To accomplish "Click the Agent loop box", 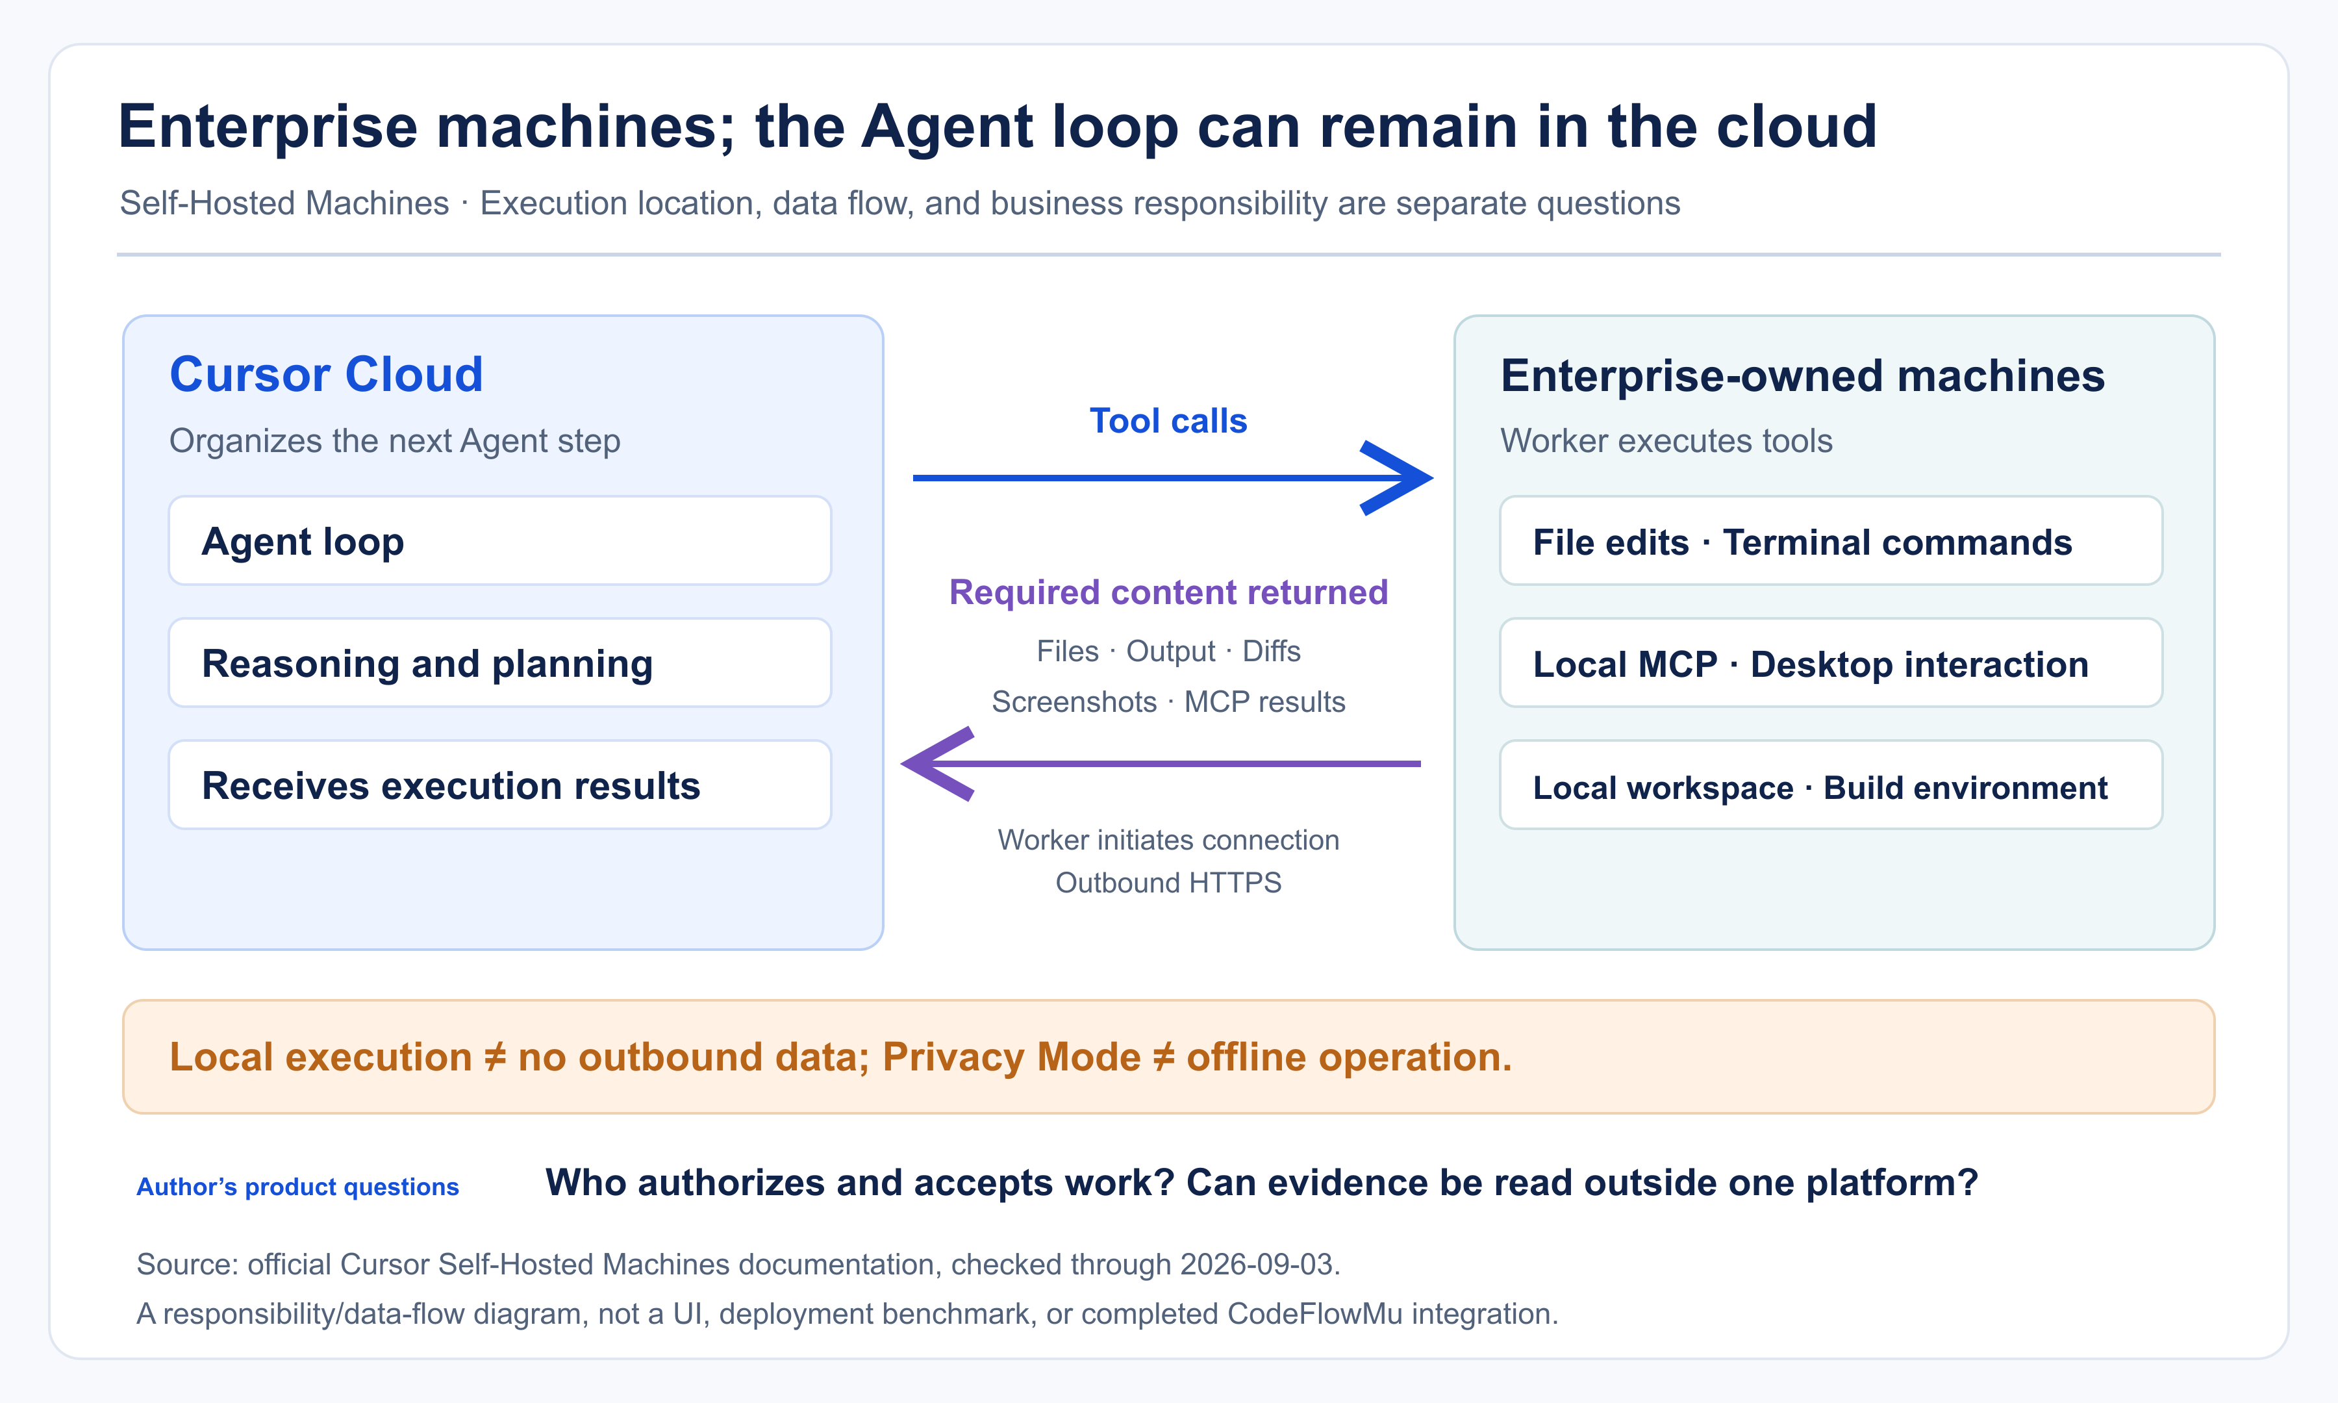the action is pos(500,541).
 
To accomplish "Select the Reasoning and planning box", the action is pos(500,663).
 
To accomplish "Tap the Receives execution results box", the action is pos(500,785).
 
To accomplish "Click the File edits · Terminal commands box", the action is pos(1831,541).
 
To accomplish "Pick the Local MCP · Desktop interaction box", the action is pos(1831,663).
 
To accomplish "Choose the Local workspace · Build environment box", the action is pos(1831,785).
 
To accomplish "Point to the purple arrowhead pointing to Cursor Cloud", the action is pos(936,764).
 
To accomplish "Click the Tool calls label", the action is pos(1168,421).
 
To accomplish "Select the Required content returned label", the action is pos(1168,592).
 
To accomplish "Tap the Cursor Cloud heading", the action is pos(326,374).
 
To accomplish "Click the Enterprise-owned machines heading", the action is pos(1802,376).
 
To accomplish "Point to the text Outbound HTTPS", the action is pos(1168,882).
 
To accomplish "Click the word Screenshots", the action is pos(1074,701).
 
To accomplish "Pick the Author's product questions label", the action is pos(297,1187).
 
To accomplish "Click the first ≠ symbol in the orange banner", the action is pos(495,1057).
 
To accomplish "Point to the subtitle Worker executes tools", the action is pos(1666,440).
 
